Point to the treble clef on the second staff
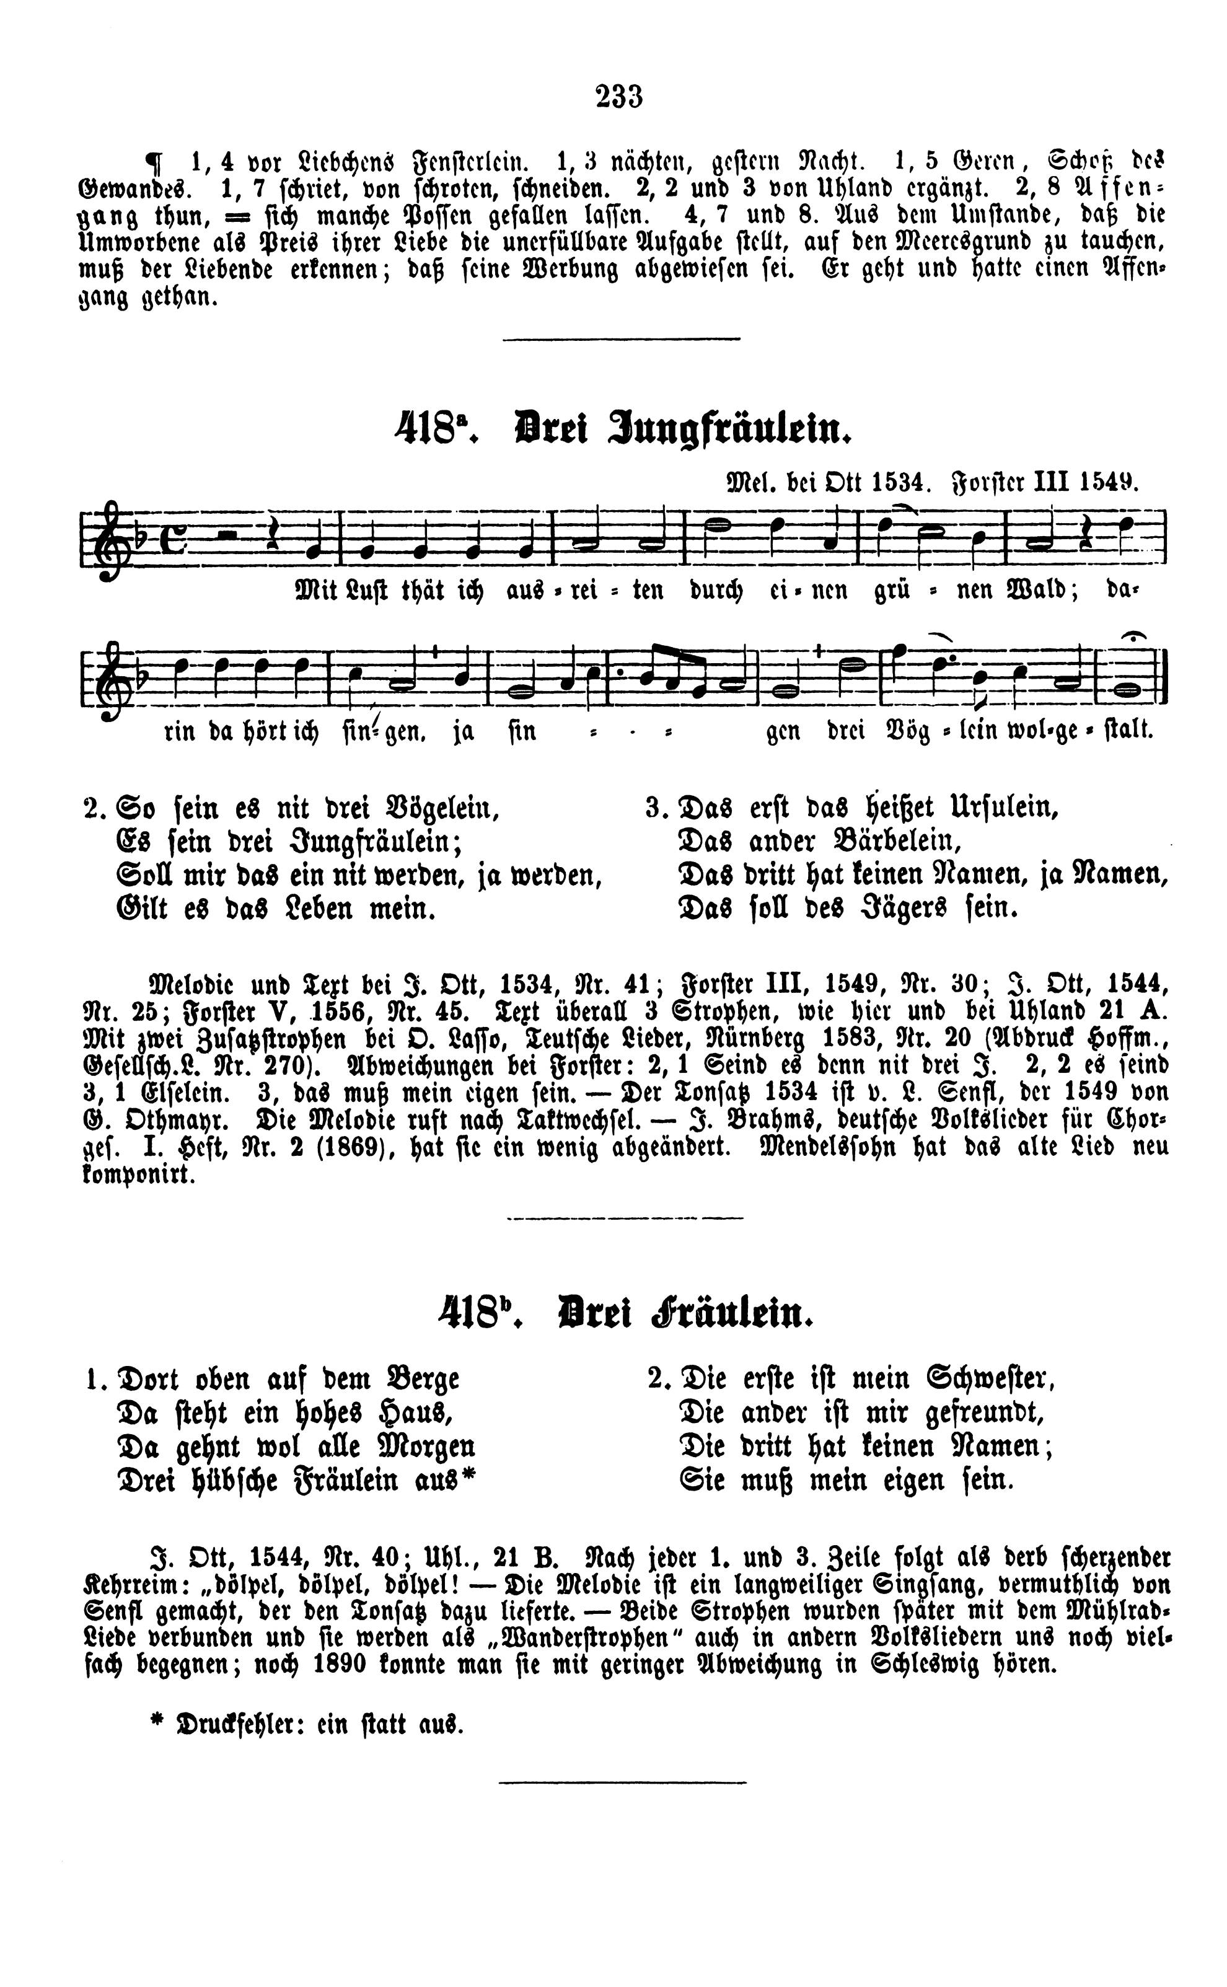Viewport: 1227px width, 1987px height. coord(107,679)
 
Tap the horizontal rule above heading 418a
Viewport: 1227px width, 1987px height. coord(622,339)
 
